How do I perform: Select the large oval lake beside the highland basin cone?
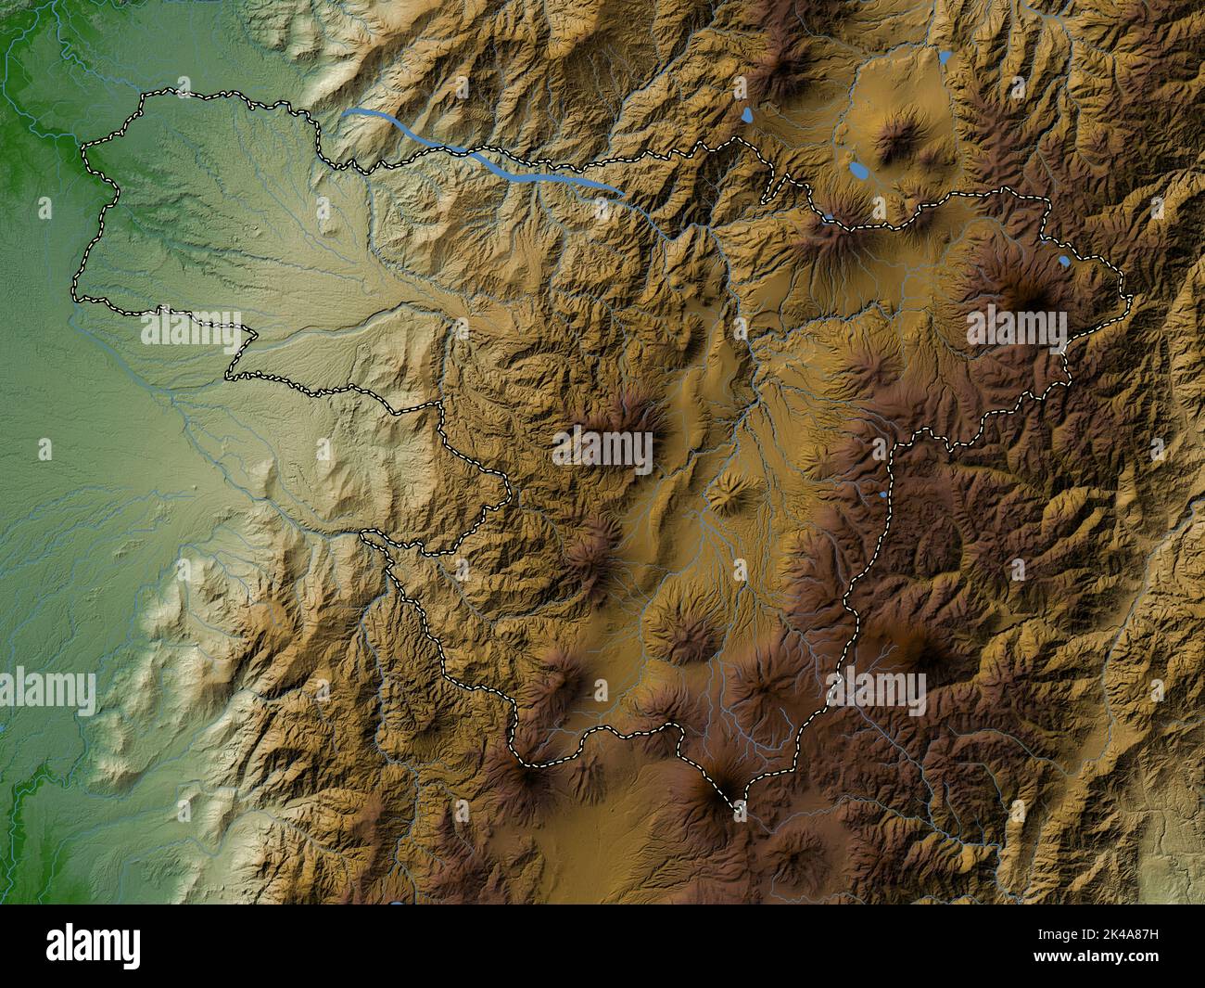tap(859, 172)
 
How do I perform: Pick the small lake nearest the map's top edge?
tap(944, 57)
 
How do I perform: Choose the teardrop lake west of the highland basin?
tap(747, 116)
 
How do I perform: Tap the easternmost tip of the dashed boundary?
tap(1132, 297)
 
